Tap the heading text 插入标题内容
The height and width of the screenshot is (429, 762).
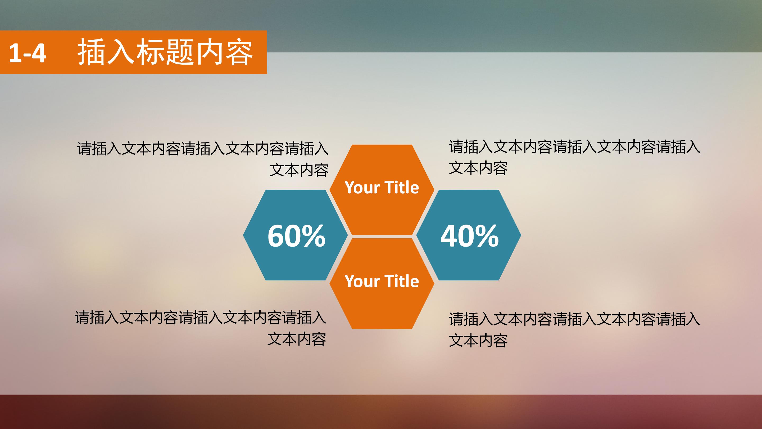tap(165, 53)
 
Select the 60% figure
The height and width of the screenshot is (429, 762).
tap(296, 236)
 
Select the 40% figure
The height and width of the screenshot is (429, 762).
tap(469, 236)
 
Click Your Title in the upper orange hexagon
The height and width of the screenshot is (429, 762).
tap(382, 188)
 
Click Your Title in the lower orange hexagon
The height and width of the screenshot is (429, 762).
tap(382, 281)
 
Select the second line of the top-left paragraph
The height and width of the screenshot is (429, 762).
tap(299, 170)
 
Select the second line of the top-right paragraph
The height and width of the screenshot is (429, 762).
tap(478, 168)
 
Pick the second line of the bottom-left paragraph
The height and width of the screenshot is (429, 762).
tap(297, 339)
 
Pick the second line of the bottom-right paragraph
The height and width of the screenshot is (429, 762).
tap(478, 341)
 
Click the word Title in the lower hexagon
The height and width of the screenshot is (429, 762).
tap(402, 281)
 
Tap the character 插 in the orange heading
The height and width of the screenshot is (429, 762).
tap(91, 53)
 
